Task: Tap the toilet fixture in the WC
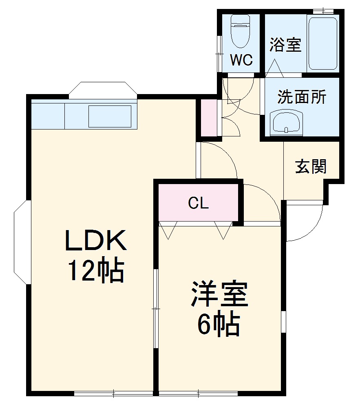click(x=240, y=32)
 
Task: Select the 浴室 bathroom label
click(x=285, y=45)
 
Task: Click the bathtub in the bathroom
click(x=322, y=44)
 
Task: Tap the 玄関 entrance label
click(x=311, y=166)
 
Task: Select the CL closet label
click(x=199, y=203)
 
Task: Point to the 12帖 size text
click(x=96, y=270)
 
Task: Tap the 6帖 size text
click(x=218, y=325)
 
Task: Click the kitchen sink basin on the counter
click(x=110, y=116)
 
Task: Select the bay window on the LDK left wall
click(x=21, y=242)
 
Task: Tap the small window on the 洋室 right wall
click(x=283, y=322)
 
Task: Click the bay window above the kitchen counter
click(x=103, y=90)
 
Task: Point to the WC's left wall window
click(x=219, y=45)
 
